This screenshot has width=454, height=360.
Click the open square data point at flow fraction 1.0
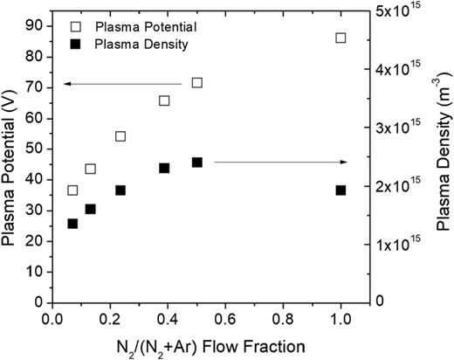point(340,38)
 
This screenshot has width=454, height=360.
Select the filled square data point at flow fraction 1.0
point(340,190)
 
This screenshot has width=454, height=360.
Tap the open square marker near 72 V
point(197,83)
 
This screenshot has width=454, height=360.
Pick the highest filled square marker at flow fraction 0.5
point(197,163)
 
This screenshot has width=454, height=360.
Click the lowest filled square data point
point(72,224)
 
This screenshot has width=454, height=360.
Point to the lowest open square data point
point(72,190)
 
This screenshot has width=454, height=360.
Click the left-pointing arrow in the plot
point(122,84)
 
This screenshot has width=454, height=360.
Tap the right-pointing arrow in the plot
point(280,163)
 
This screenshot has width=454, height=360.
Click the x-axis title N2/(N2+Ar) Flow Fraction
point(196,346)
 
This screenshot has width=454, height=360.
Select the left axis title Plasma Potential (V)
point(10,162)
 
